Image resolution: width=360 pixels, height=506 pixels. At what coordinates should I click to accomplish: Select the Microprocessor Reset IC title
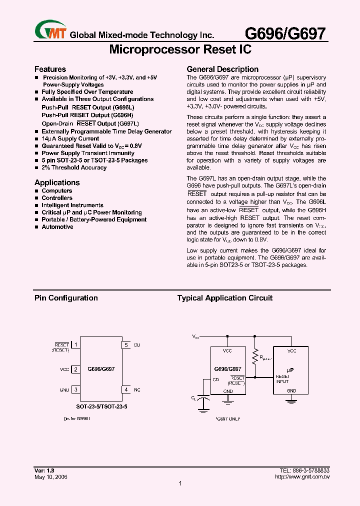pos(179,49)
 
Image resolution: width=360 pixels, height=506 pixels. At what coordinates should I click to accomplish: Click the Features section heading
pos(50,69)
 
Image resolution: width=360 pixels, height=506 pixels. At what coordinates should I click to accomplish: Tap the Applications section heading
pos(57,182)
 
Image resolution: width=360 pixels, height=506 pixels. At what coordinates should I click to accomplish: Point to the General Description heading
pos(222,69)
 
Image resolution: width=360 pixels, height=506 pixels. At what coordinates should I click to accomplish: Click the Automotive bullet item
pos(57,226)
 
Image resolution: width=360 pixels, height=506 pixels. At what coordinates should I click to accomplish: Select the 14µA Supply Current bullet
pos(70,138)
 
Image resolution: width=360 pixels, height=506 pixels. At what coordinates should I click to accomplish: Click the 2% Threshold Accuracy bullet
pos(73,167)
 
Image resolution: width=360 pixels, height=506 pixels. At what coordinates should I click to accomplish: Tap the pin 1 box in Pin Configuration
pos(75,345)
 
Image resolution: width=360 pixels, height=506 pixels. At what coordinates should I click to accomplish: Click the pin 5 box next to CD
pos(126,345)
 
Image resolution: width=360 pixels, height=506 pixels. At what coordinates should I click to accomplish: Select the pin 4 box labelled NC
pos(126,389)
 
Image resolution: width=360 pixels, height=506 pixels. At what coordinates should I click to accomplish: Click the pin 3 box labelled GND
pos(75,389)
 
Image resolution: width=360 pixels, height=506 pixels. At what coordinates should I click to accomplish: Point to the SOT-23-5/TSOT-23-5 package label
pos(102,407)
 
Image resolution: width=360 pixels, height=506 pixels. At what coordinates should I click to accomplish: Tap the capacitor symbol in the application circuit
pos(203,398)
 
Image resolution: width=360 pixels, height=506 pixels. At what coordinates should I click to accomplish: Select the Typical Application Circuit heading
pos(224,298)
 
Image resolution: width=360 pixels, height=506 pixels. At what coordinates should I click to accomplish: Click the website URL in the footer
pos(302,476)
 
